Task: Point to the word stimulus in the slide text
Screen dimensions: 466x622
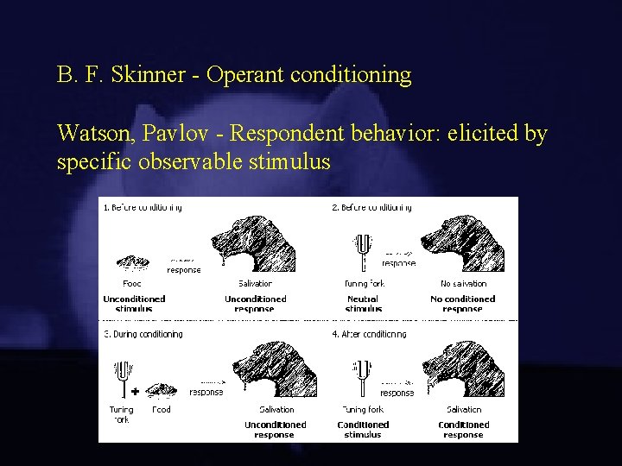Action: pyautogui.click(x=289, y=161)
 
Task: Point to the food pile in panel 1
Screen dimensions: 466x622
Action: pyautogui.click(x=132, y=261)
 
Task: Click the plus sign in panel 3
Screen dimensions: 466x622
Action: pyautogui.click(x=135, y=390)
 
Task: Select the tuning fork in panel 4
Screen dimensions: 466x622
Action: pyautogui.click(x=360, y=375)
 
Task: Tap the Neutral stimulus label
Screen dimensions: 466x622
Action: pyautogui.click(x=363, y=304)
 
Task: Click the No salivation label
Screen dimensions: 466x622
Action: pyautogui.click(x=463, y=283)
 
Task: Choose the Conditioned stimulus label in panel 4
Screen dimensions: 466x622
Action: pyautogui.click(x=363, y=430)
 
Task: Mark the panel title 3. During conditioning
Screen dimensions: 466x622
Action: pyautogui.click(x=143, y=334)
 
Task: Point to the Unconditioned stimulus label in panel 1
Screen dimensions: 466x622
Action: pyautogui.click(x=134, y=304)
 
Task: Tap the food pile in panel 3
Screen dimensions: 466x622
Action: pyautogui.click(x=161, y=389)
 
